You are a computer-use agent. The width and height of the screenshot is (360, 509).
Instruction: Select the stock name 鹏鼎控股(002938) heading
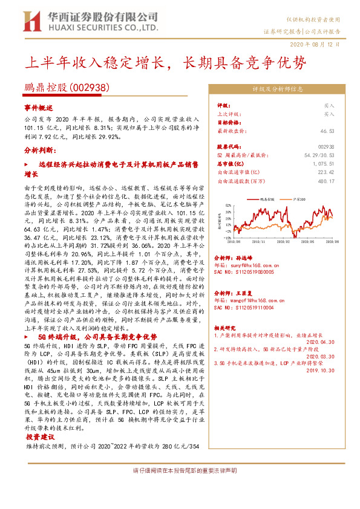67,88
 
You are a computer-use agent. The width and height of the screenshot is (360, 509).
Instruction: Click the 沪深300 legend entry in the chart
301,198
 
